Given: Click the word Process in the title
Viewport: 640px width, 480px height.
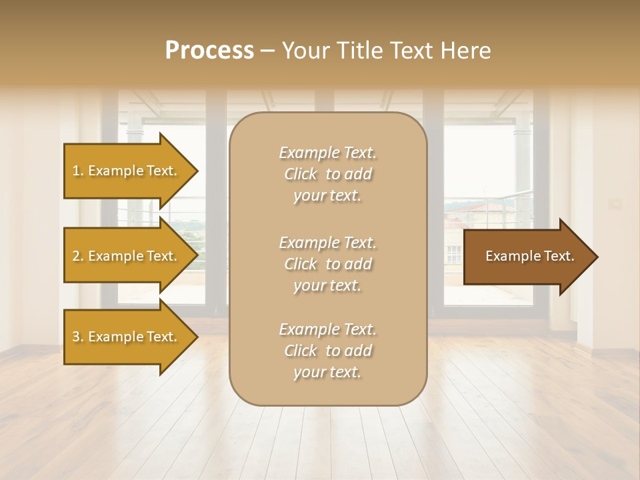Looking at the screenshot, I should tap(209, 51).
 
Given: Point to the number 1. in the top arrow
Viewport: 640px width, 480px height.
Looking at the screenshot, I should tap(78, 171).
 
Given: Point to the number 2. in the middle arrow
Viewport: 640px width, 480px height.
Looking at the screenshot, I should tap(78, 256).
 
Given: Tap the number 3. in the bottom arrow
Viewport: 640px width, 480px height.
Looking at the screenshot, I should tap(78, 337).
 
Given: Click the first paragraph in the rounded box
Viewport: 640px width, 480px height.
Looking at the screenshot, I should tap(327, 174).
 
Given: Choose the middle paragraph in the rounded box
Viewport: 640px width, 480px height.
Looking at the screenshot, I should tap(327, 264).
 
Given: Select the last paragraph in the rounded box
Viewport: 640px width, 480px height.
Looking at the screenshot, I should tap(327, 351).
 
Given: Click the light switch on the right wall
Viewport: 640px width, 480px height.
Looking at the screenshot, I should tap(616, 203).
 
